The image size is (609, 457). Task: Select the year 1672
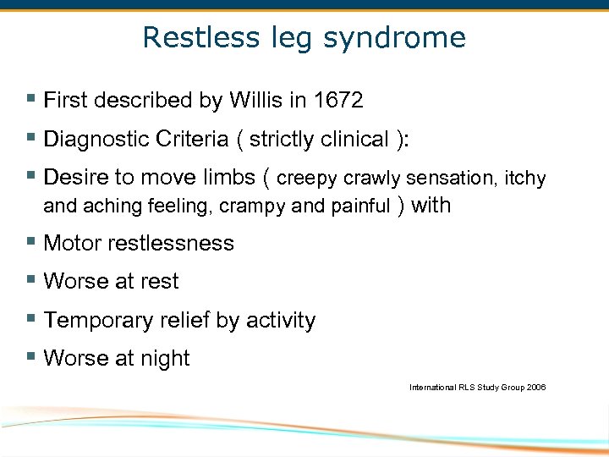(x=337, y=101)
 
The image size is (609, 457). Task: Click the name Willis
(x=254, y=101)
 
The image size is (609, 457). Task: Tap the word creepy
(x=308, y=178)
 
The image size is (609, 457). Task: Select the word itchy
(x=524, y=178)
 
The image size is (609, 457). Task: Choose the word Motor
(x=70, y=243)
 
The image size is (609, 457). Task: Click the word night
(x=165, y=358)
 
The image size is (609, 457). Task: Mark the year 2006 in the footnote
(x=535, y=387)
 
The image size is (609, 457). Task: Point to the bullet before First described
(x=30, y=100)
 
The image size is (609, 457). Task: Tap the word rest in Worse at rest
(x=160, y=281)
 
